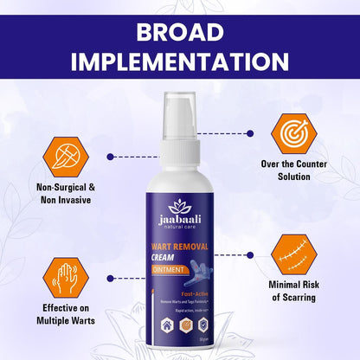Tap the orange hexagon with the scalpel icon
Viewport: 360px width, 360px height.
[x=63, y=157]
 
